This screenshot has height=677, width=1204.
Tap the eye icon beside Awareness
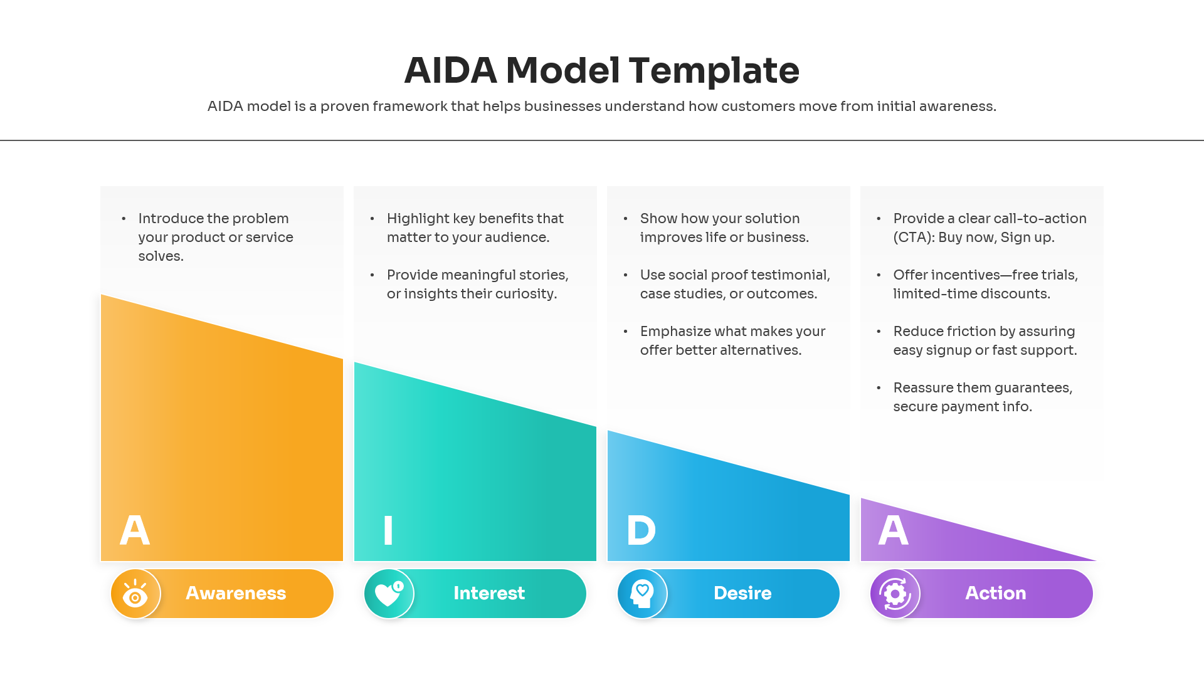[x=135, y=594]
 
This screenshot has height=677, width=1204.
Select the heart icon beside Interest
[x=389, y=594]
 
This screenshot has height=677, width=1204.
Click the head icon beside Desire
[x=642, y=594]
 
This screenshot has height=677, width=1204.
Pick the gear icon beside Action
[x=895, y=594]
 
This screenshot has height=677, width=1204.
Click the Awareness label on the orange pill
[x=236, y=593]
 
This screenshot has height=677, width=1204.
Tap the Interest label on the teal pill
[x=489, y=593]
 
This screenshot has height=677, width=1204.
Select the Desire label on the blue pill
[x=742, y=593]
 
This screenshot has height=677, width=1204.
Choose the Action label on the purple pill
[x=995, y=593]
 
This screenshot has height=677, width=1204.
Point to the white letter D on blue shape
[x=641, y=530]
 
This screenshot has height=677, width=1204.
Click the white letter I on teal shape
[x=388, y=530]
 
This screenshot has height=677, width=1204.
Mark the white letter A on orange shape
[x=135, y=530]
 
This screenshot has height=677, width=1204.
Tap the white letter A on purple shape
[x=893, y=530]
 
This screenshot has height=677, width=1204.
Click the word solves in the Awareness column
[x=161, y=256]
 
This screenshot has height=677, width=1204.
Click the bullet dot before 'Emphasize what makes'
[x=625, y=332]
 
